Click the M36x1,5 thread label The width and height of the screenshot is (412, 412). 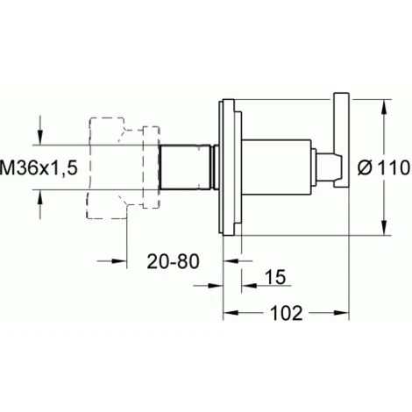(x=39, y=168)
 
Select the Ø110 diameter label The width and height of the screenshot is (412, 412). (x=384, y=168)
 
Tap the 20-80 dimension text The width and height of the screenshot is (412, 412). (x=174, y=261)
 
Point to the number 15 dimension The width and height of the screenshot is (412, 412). (x=276, y=277)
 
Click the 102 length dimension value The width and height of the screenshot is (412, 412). (x=287, y=313)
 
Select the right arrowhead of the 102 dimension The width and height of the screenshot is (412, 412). (x=341, y=313)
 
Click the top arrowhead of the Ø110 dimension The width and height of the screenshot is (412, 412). (x=385, y=107)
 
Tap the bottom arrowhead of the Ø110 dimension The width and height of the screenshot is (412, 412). (x=385, y=227)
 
